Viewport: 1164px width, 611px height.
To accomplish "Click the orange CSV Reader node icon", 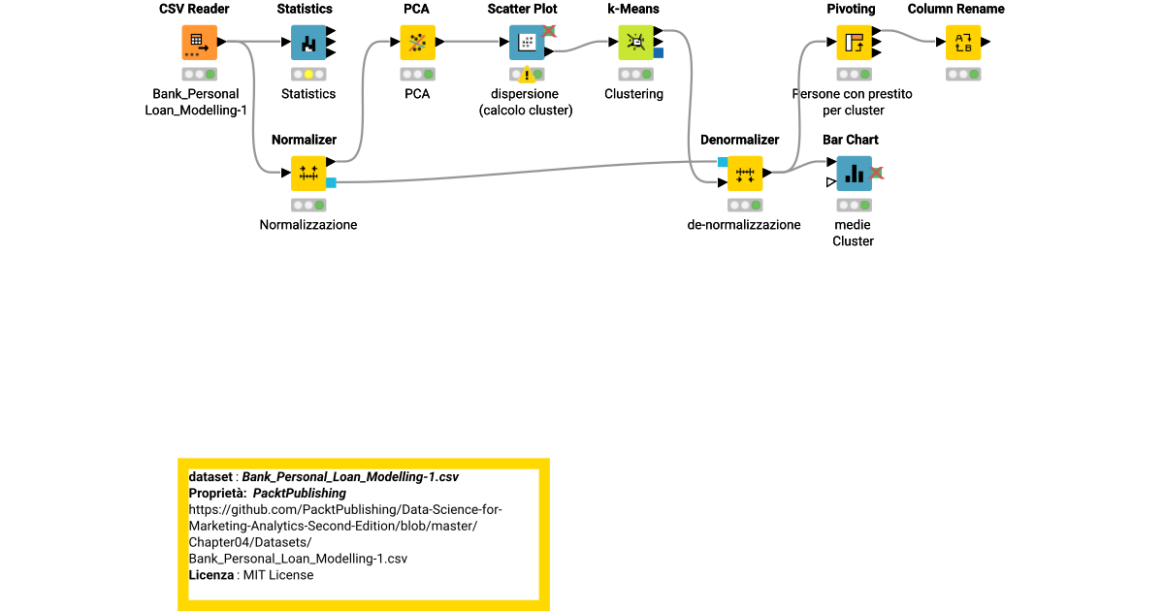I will click(x=199, y=43).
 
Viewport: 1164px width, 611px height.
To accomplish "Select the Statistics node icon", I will click(x=308, y=43).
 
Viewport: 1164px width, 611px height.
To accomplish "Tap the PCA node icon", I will click(x=417, y=43).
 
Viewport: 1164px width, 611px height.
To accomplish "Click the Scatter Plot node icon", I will click(x=527, y=43).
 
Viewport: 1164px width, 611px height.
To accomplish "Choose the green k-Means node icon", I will click(x=635, y=43).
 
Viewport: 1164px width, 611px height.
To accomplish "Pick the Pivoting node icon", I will click(x=854, y=43).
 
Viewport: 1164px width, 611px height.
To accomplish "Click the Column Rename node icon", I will click(x=963, y=43).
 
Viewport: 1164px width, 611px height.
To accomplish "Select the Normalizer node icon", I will click(x=308, y=174).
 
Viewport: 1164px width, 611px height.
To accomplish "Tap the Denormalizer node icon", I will click(x=745, y=174).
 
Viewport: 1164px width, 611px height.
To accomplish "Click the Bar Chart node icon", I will click(x=854, y=174).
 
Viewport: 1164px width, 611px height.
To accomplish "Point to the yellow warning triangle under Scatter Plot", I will click(x=527, y=75).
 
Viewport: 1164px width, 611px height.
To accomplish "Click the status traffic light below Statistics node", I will click(x=308, y=75).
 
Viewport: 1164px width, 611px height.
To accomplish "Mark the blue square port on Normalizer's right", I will click(x=331, y=182).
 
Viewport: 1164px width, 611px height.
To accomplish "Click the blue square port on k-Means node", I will click(x=659, y=53).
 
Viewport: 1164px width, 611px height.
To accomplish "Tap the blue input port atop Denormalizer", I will click(x=723, y=162).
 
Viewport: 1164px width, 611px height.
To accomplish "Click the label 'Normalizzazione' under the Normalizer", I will click(x=308, y=225).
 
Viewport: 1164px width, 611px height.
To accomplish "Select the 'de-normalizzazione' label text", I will click(x=744, y=225).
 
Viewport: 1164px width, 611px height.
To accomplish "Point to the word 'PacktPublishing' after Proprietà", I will click(x=300, y=494).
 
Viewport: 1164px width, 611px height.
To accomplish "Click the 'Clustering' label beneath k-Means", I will click(x=633, y=94).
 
